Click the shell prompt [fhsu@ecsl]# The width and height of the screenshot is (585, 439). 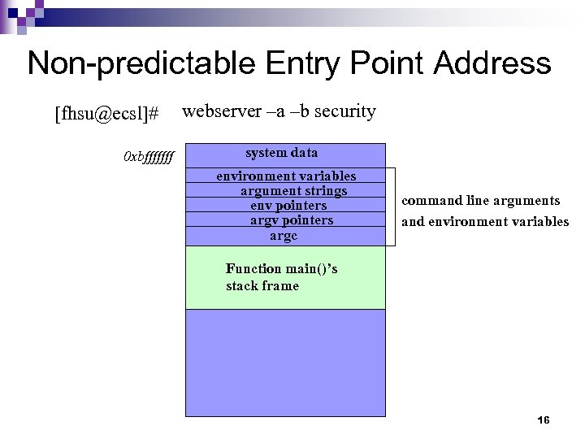106,115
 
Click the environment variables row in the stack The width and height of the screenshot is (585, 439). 285,176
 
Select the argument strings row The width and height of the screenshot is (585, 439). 293,191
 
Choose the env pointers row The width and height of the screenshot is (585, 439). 288,206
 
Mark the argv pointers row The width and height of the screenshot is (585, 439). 291,220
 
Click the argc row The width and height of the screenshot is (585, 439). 284,236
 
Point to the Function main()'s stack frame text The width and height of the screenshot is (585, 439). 281,277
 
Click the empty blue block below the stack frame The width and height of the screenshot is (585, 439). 285,363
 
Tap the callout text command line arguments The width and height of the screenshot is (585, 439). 481,201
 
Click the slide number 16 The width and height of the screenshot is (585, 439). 544,420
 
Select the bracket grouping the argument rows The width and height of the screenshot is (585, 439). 394,206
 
